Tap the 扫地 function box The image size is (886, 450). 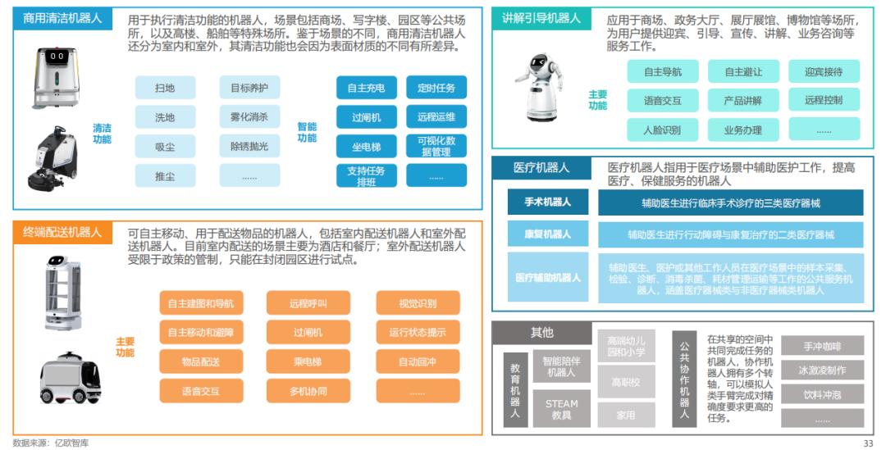tap(165, 87)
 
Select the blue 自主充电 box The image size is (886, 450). tap(366, 87)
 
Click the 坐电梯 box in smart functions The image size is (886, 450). tap(366, 147)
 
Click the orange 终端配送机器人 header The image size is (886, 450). tap(62, 232)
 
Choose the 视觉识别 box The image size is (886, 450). tap(418, 303)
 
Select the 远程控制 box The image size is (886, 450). tap(823, 100)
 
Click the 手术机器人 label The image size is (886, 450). tap(547, 202)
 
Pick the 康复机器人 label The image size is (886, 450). tap(547, 234)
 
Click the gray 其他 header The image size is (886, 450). tap(542, 332)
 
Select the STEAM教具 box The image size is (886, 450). tap(562, 409)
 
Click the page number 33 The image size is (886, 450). tap(869, 443)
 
